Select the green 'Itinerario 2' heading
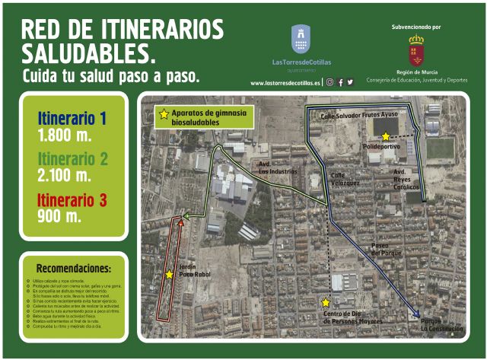point(73,159)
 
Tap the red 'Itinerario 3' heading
point(72,200)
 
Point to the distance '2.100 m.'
point(64,176)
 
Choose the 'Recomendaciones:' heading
point(73,269)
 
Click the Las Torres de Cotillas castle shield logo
point(301,39)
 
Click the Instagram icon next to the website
point(330,82)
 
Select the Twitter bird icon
point(350,82)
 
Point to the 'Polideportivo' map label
point(381,146)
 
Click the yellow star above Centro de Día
point(326,302)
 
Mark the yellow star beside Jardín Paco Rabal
point(169,275)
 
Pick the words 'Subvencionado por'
point(415,27)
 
